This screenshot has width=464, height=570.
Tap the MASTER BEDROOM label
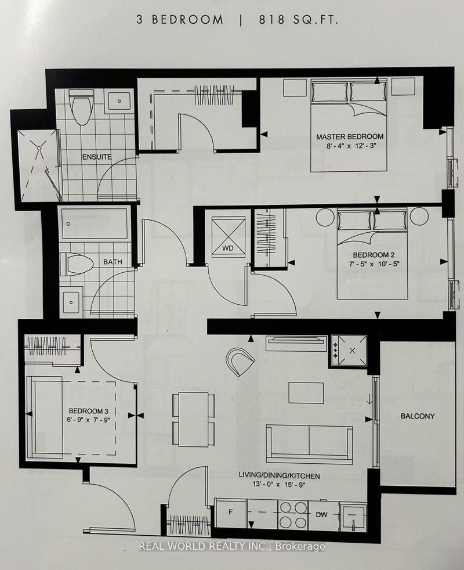click(350, 137)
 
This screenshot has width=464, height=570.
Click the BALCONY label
click(416, 416)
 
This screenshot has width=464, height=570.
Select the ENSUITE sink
click(119, 101)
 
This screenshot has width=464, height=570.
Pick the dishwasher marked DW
click(322, 514)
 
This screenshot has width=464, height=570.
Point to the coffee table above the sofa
click(306, 392)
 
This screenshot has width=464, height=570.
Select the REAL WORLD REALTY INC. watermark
click(232, 546)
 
